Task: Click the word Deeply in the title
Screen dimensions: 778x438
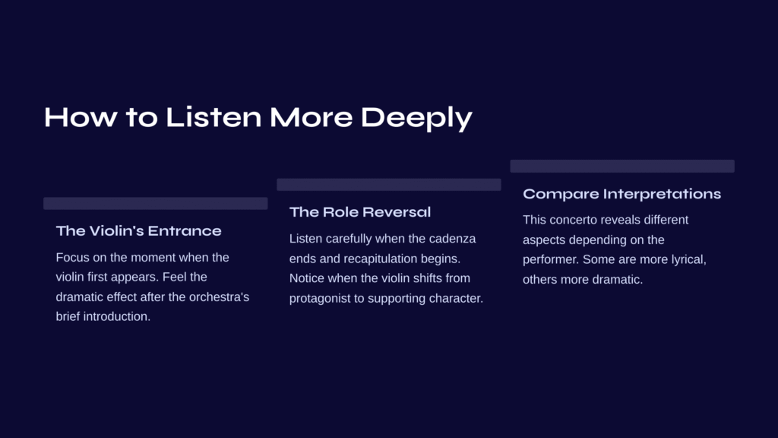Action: click(x=416, y=118)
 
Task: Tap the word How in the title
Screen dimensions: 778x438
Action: click(x=81, y=117)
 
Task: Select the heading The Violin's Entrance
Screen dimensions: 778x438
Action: click(x=138, y=231)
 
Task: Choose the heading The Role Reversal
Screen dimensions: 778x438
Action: click(x=359, y=212)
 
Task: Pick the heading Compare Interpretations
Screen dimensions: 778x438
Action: click(x=621, y=194)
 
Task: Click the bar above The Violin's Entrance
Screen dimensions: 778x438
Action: click(x=155, y=203)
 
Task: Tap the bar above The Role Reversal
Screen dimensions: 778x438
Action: click(x=388, y=185)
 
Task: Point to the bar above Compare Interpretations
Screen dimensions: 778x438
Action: click(x=622, y=166)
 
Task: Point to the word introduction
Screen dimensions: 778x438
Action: click(x=116, y=316)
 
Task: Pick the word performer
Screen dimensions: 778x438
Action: click(x=551, y=260)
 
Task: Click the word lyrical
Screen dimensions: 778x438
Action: click(x=688, y=260)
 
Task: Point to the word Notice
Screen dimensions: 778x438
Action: click(x=307, y=278)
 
